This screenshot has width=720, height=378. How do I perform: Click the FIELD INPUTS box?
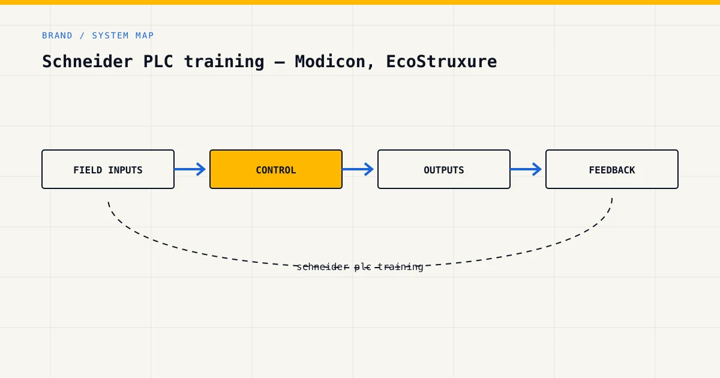(x=108, y=169)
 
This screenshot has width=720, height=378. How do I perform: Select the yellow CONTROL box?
(x=276, y=169)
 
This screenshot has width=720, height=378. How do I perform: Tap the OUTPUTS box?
(x=444, y=169)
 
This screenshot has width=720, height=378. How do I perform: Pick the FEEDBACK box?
(x=612, y=169)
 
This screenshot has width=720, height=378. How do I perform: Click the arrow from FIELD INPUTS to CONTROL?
(x=190, y=169)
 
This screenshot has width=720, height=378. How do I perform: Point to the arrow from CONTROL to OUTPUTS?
(x=358, y=169)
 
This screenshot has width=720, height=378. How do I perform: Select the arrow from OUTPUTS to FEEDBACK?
(x=526, y=169)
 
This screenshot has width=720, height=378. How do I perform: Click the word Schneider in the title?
(x=88, y=61)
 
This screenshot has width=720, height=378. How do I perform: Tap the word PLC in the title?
(x=158, y=61)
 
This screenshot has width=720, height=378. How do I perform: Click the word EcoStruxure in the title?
(x=442, y=61)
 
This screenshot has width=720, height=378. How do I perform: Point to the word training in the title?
(x=224, y=62)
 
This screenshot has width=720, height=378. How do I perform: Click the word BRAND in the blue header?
(x=57, y=35)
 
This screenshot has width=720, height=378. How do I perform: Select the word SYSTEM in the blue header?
(x=110, y=35)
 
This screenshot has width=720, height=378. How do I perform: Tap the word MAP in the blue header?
(x=145, y=35)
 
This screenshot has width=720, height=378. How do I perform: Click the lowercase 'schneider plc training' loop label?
(x=360, y=267)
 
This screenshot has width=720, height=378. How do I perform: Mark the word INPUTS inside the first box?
(x=125, y=170)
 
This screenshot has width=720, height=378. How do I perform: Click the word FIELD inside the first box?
(x=88, y=170)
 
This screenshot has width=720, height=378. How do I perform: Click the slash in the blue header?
(x=82, y=35)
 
